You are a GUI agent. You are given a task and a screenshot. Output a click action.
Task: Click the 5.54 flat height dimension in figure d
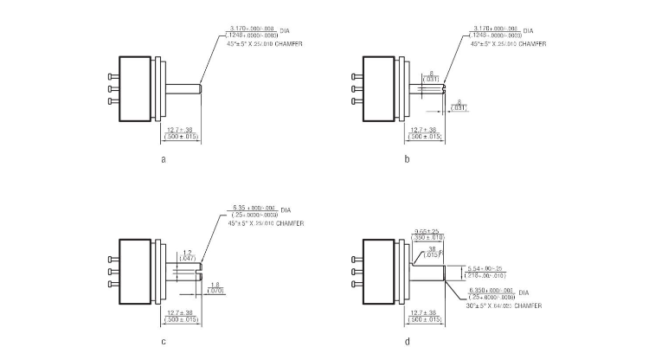coord(485,268)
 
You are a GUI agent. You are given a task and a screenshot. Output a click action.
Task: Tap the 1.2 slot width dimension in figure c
coord(187,252)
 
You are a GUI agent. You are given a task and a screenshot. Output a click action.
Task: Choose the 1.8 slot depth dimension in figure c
coord(215,284)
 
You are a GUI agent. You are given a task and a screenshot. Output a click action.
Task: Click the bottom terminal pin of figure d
coord(355,284)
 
